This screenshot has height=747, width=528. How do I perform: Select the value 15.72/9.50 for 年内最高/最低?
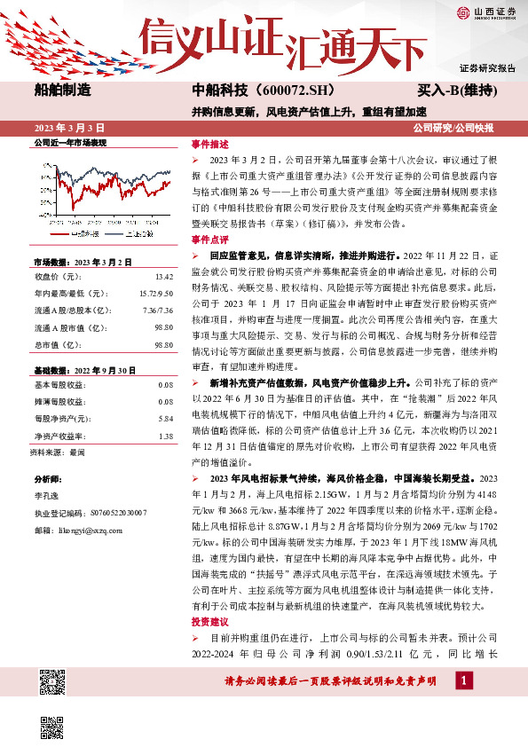tap(156, 292)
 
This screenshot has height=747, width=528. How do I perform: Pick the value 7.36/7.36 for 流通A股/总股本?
tap(159, 309)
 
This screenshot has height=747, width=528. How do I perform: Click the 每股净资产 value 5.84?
tap(165, 393)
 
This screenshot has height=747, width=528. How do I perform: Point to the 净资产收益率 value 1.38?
tap(165, 412)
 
